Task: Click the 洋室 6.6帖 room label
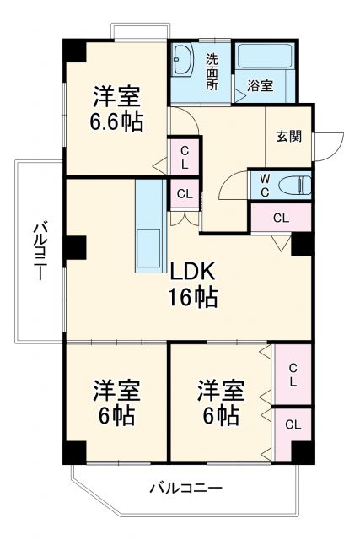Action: click(x=117, y=108)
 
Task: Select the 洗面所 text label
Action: click(x=212, y=72)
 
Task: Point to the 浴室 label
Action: click(x=260, y=85)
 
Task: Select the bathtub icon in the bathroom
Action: click(x=264, y=57)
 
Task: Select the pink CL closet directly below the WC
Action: click(x=281, y=219)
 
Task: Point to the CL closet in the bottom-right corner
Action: click(x=293, y=425)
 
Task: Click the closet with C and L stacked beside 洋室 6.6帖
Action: click(x=184, y=156)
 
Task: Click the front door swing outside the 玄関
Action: click(x=328, y=145)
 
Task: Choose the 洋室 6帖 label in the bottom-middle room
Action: click(x=222, y=403)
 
